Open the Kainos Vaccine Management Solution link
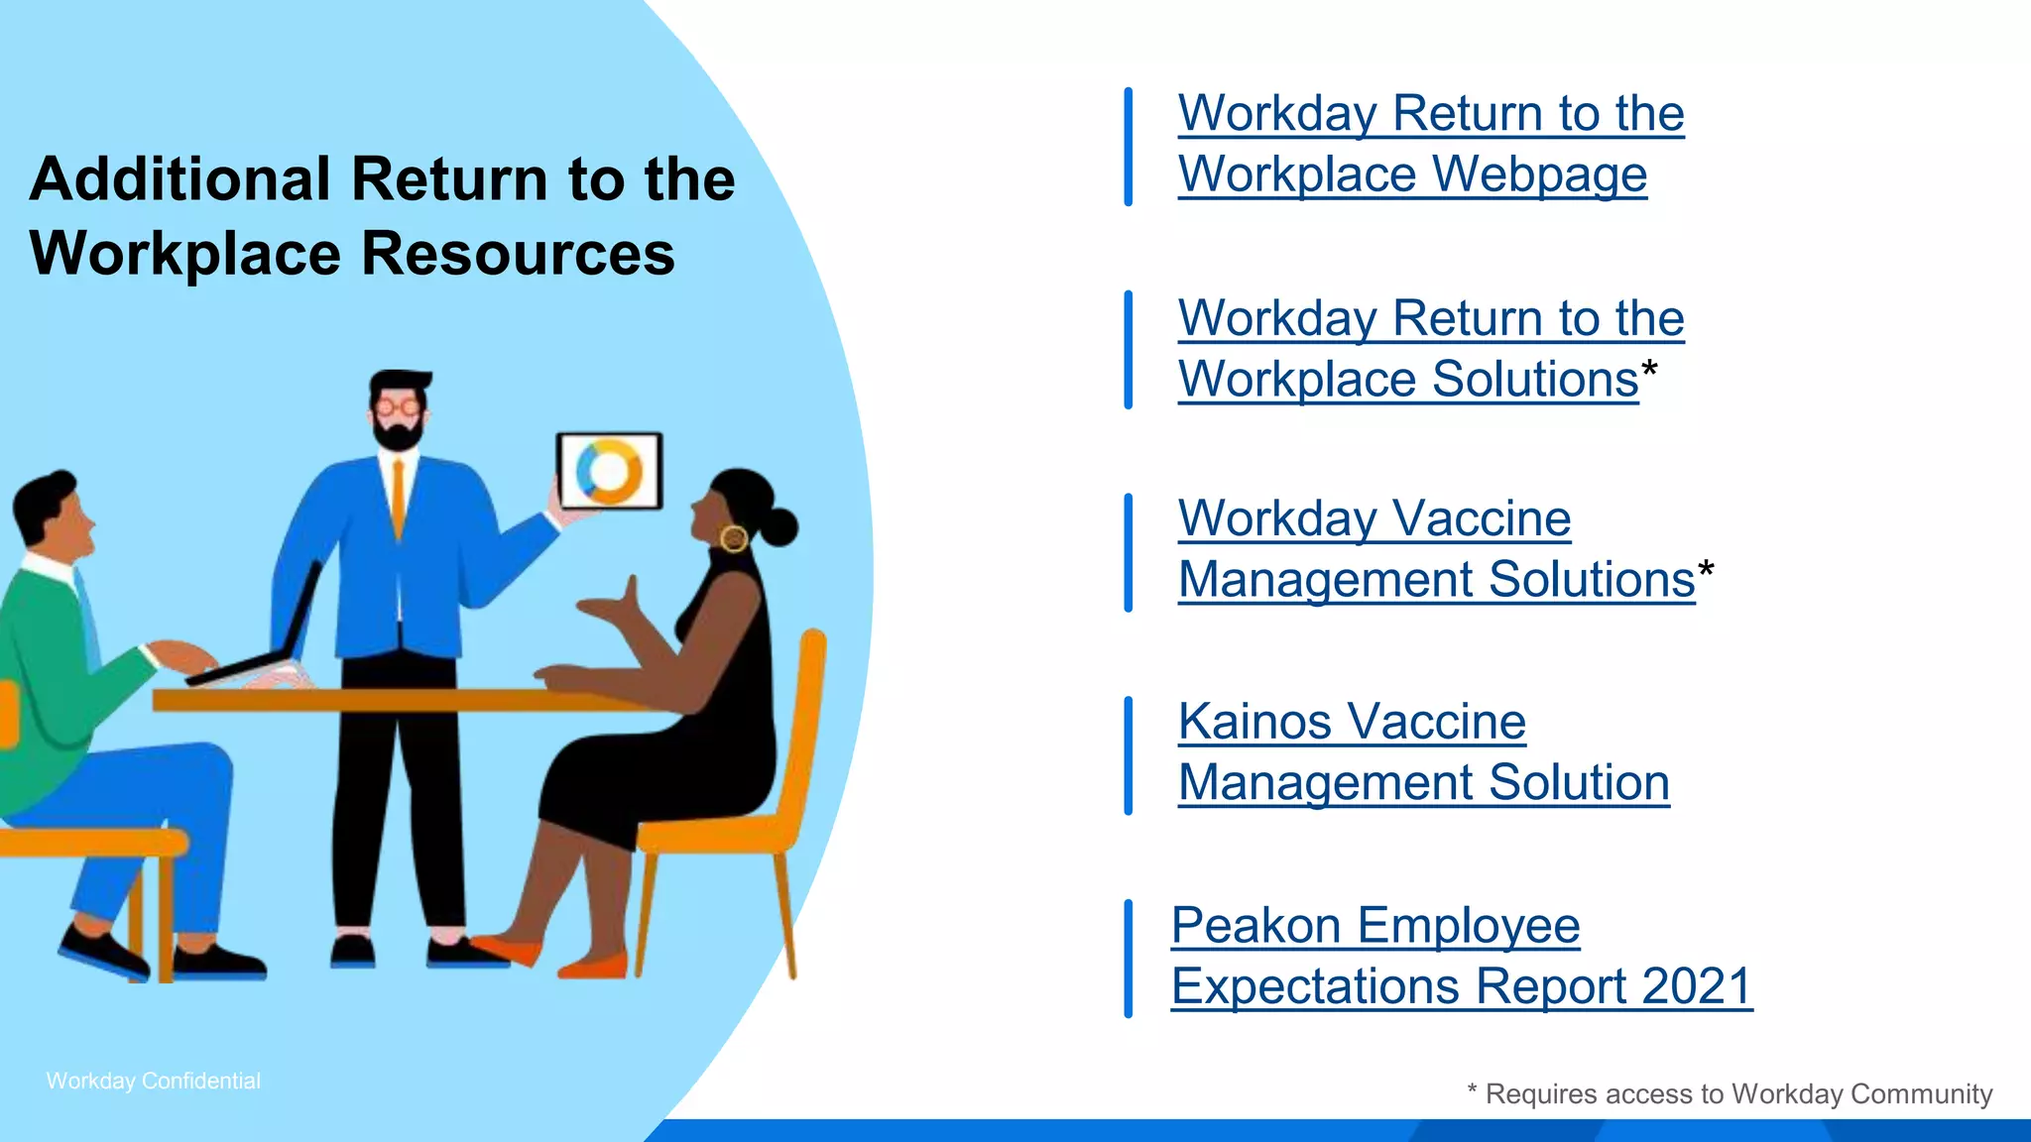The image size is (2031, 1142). pyautogui.click(x=1423, y=751)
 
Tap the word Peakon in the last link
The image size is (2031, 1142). pyautogui.click(x=1256, y=926)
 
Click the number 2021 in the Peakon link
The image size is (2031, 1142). pyautogui.click(x=1697, y=986)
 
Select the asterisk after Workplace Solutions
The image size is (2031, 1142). pyautogui.click(x=1649, y=372)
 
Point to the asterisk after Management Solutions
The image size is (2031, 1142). pyautogui.click(x=1706, y=572)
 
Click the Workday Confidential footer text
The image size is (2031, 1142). pyautogui.click(x=154, y=1081)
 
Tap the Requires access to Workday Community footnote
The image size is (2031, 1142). pyautogui.click(x=1731, y=1093)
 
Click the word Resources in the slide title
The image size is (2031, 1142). pyautogui.click(x=518, y=253)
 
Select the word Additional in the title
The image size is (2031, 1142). pyautogui.click(x=179, y=179)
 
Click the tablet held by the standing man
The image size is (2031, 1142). pyautogui.click(x=609, y=470)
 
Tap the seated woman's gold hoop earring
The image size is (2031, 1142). pyautogui.click(x=734, y=538)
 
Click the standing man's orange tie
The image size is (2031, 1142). pyautogui.click(x=399, y=496)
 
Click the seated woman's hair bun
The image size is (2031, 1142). pyautogui.click(x=777, y=527)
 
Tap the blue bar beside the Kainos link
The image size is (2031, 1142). pyautogui.click(x=1128, y=755)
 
